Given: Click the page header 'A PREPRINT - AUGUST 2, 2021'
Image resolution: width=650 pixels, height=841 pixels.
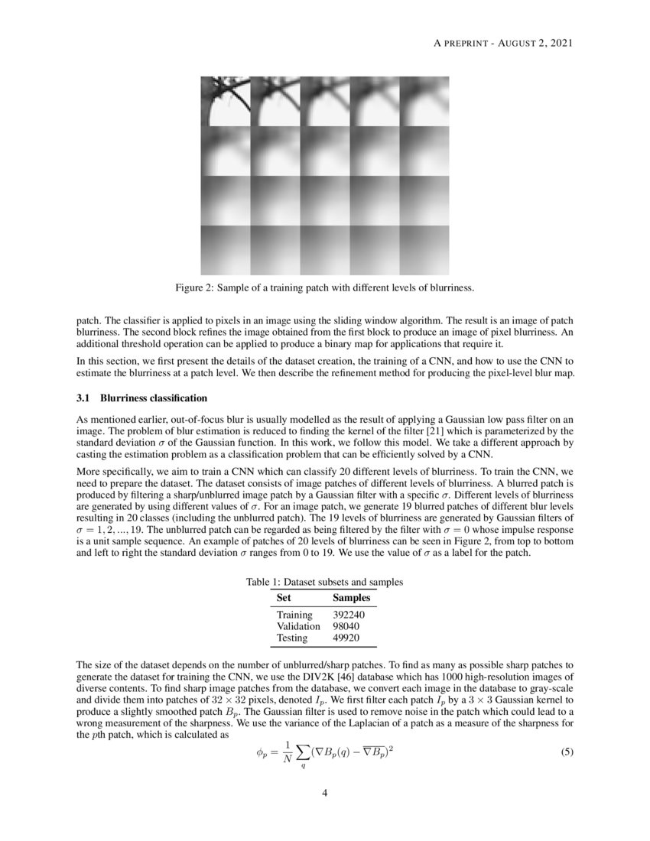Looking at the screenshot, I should [x=503, y=43].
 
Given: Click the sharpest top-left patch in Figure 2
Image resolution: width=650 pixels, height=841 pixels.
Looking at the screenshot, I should [x=225, y=101].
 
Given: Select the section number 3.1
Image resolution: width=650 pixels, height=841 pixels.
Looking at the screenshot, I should [x=84, y=398].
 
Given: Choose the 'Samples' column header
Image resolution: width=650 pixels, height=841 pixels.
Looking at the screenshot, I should [x=352, y=598].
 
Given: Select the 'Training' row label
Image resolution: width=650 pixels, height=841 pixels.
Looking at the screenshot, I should [x=294, y=615].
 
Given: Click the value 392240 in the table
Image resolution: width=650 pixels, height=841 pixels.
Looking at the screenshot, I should [x=352, y=615].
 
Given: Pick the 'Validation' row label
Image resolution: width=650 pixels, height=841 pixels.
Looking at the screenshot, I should [x=298, y=626].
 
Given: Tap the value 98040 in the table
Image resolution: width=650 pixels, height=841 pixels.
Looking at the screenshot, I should [x=349, y=626].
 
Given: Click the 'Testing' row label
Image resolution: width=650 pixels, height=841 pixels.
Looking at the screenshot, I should [x=292, y=638].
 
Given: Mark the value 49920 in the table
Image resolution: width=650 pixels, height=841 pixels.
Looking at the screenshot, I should [x=349, y=638].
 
